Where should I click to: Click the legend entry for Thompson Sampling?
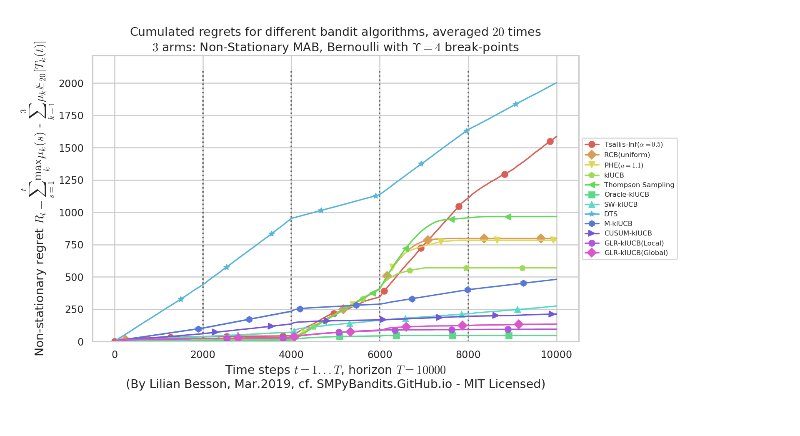click(639, 185)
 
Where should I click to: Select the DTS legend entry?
click(611, 214)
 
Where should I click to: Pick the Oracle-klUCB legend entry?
click(626, 194)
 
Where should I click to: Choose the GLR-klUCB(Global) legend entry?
click(636, 253)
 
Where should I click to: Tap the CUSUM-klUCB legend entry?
click(627, 233)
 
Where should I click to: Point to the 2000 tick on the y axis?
click(71, 83)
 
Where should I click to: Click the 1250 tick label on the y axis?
click(71, 180)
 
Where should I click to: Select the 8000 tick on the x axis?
click(468, 355)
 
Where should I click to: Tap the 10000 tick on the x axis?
click(556, 355)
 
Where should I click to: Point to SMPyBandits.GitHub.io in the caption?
click(384, 384)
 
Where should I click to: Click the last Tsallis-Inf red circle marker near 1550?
click(550, 142)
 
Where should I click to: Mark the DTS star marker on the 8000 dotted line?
click(467, 130)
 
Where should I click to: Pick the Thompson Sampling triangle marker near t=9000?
click(508, 217)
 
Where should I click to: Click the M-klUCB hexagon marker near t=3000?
click(249, 319)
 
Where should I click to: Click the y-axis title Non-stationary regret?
click(40, 292)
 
